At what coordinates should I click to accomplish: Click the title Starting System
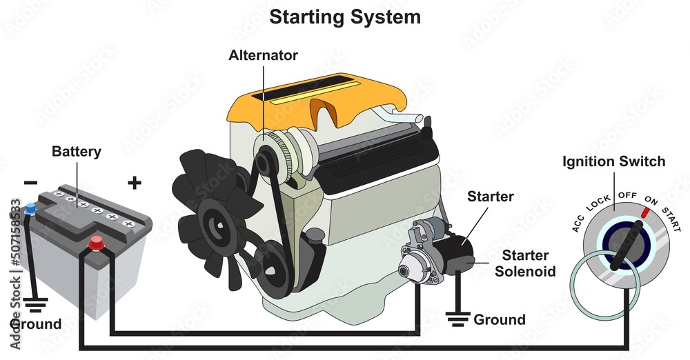(x=344, y=17)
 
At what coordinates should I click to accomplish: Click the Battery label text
(x=77, y=151)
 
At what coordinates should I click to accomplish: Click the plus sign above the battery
(x=135, y=183)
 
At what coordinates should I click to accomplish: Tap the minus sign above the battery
(x=30, y=182)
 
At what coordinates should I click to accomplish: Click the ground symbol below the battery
(x=32, y=303)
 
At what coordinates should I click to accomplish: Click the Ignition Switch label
(x=614, y=162)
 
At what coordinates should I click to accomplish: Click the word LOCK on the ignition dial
(x=598, y=201)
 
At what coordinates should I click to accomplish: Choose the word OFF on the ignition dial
(x=627, y=195)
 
